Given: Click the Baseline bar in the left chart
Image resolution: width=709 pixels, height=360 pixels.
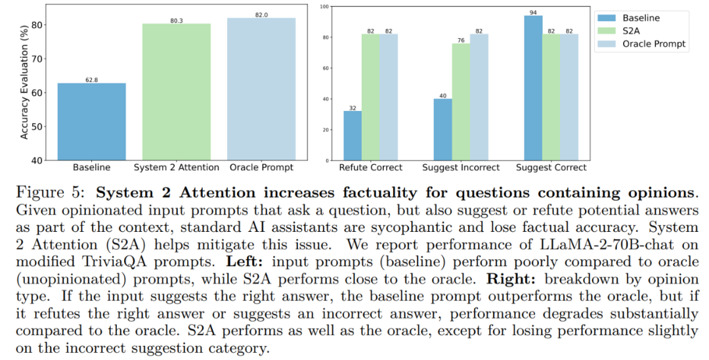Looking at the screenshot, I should click(x=91, y=122).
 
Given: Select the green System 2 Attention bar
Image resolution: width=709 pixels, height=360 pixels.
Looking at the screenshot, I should click(x=177, y=92).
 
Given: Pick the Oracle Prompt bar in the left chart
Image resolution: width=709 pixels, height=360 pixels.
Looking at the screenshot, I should click(x=261, y=89).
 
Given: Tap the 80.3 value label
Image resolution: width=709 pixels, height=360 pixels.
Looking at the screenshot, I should click(x=177, y=20).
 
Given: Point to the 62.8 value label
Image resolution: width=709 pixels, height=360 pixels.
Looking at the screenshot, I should click(x=91, y=79).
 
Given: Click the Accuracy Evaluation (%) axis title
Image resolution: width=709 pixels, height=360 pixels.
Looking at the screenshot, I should click(x=24, y=82).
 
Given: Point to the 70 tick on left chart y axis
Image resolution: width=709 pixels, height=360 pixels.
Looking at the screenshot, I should click(x=43, y=59).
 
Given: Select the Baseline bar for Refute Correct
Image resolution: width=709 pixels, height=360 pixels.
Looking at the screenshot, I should click(x=352, y=135).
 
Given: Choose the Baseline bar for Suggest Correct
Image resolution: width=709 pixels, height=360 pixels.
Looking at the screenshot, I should click(x=533, y=87).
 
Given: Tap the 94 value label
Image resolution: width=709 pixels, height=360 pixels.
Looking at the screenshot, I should click(x=533, y=12).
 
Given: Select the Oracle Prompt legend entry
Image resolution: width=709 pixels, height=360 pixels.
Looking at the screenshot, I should click(x=654, y=44).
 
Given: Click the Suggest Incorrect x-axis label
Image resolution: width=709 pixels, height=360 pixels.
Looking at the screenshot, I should click(x=460, y=168).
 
